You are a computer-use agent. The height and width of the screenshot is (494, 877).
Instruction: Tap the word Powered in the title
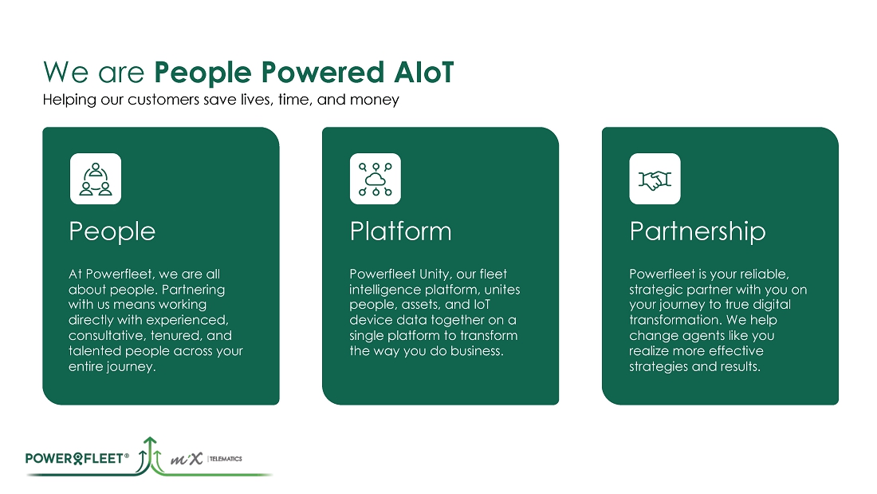point(323,73)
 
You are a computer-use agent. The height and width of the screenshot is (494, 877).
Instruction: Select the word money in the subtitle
point(374,101)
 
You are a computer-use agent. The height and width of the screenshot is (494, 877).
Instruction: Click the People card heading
point(112,232)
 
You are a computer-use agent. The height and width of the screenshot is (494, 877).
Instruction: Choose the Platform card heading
point(400,231)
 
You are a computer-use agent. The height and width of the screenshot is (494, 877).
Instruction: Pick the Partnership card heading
point(698,232)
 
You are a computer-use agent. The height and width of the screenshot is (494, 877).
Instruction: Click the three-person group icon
point(96,180)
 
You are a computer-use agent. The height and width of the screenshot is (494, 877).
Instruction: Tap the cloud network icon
point(376,180)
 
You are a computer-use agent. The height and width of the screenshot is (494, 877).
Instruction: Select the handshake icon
point(655,180)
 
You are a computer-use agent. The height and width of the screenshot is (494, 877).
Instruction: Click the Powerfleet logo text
point(77,459)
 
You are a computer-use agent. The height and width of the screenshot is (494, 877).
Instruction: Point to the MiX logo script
point(187,459)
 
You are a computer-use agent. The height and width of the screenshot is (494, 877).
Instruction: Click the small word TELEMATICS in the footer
point(226,459)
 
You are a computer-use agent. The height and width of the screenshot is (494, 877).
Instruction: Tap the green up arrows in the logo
point(151,453)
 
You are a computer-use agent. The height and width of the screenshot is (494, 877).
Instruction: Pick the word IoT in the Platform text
point(482,305)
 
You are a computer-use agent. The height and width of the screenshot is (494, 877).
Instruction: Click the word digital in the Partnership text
point(773,305)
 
